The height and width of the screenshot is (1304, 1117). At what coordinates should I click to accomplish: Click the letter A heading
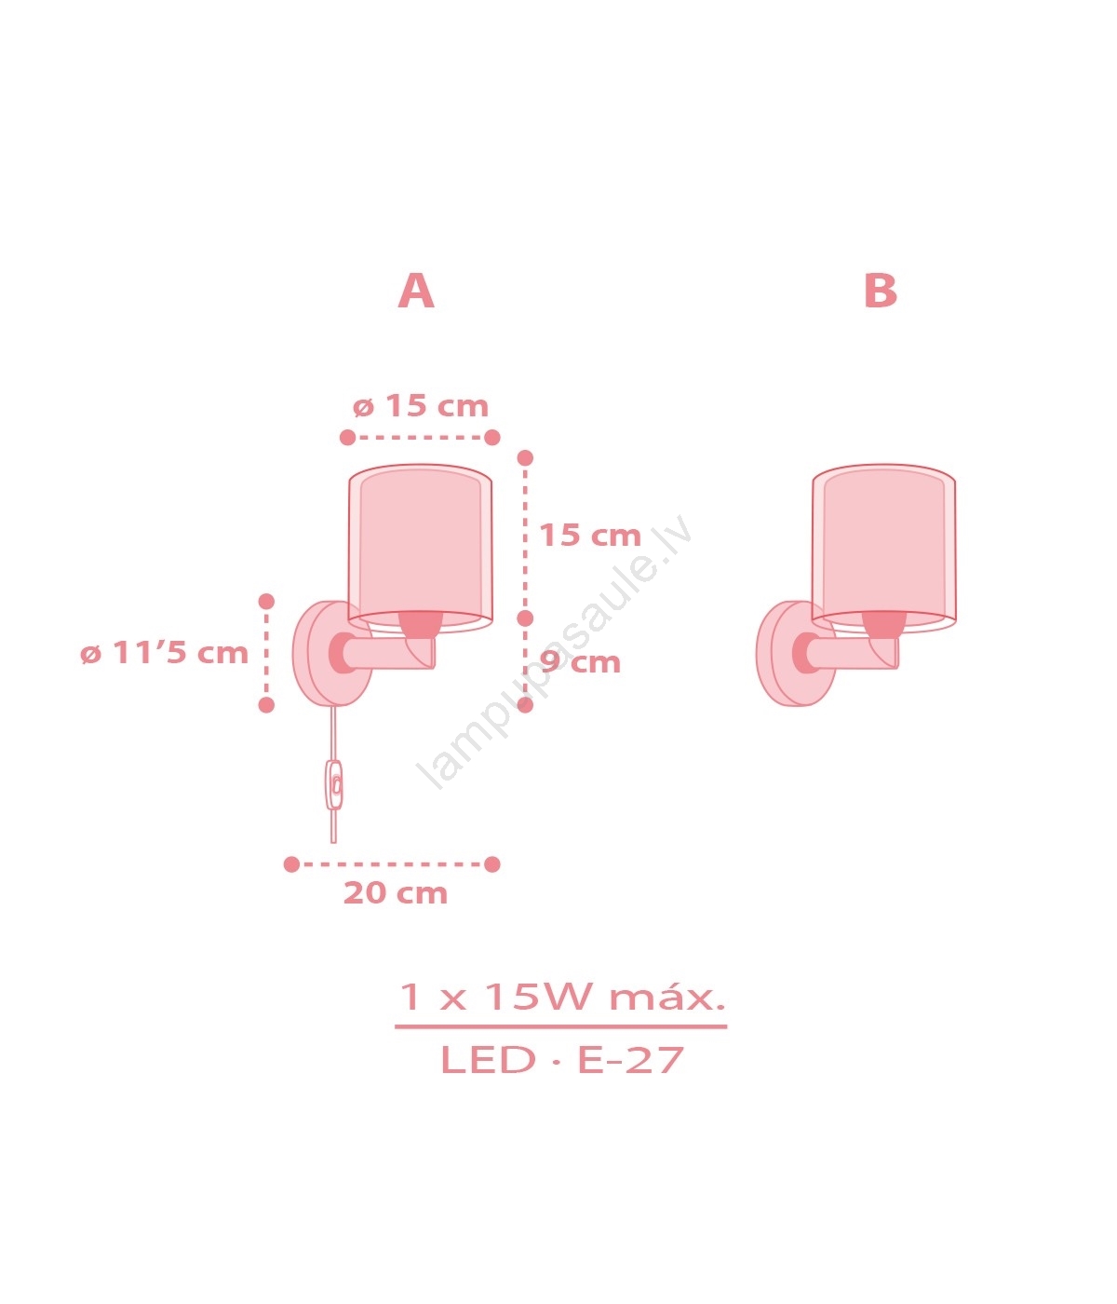[416, 291]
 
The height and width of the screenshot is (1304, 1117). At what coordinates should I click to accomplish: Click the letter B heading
[880, 291]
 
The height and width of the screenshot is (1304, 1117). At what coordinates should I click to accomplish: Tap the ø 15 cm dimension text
[421, 406]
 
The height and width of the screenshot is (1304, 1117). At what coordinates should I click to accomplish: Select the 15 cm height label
[590, 535]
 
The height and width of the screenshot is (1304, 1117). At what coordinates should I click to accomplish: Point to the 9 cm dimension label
[580, 661]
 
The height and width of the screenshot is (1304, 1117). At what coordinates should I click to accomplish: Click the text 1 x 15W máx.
[561, 997]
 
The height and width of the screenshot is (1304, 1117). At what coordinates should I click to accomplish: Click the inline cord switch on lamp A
[334, 785]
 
